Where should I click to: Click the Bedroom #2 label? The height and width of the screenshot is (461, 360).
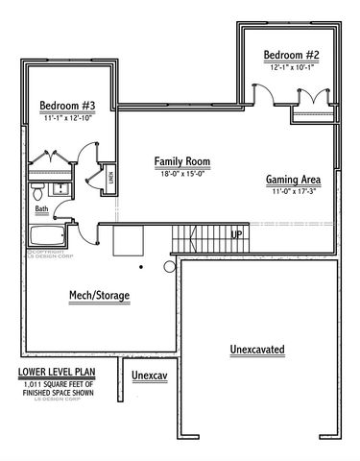tap(293, 57)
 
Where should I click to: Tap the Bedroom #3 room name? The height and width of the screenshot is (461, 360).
tap(66, 105)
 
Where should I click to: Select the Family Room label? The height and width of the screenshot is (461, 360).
tap(182, 161)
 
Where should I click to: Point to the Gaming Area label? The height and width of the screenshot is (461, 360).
tap(294, 180)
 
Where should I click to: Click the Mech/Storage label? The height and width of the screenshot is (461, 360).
tap(99, 295)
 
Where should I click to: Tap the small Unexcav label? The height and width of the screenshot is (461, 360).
tap(150, 375)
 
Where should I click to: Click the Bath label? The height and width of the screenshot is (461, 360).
tap(41, 208)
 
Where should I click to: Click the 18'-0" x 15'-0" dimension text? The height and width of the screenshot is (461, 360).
tap(182, 174)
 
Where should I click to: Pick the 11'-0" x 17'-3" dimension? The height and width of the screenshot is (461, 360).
tap(294, 192)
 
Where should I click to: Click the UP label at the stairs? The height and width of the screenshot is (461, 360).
tap(236, 233)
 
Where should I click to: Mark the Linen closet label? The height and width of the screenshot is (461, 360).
tap(110, 176)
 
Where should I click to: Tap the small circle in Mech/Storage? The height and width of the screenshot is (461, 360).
tap(170, 266)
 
